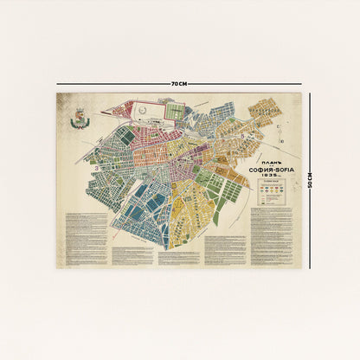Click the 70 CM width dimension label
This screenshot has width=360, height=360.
pyautogui.click(x=179, y=83)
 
